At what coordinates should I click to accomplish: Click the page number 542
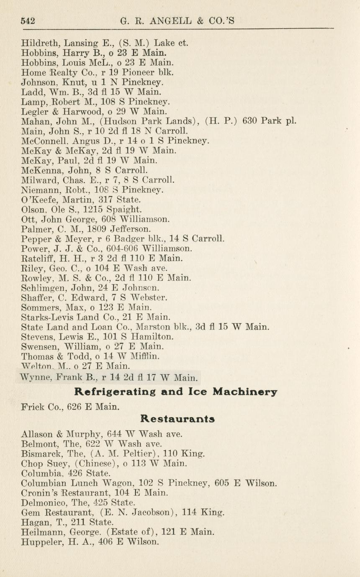(28, 20)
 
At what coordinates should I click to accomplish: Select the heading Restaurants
(177, 418)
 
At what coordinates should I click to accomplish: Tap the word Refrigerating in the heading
(116, 392)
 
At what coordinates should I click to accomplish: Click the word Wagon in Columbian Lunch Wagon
(108, 483)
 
